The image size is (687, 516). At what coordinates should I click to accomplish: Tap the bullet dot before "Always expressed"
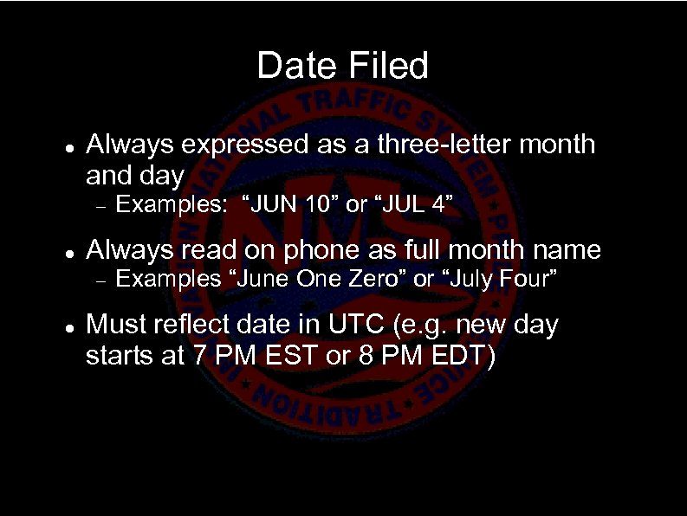click(68, 145)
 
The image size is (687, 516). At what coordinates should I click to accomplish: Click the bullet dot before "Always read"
click(68, 252)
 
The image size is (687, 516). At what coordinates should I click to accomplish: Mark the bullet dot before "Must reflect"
click(68, 326)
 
